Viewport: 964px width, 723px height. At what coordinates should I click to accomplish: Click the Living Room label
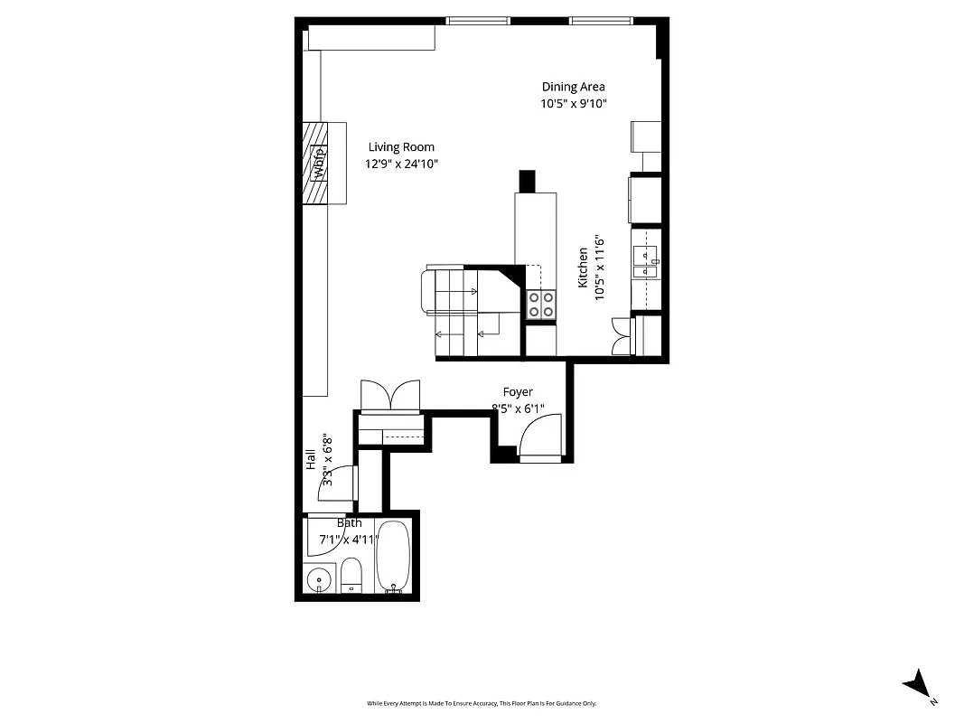(401, 147)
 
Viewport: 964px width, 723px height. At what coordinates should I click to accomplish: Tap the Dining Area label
(573, 87)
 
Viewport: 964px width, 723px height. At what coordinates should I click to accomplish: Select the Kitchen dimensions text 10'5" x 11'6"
(599, 268)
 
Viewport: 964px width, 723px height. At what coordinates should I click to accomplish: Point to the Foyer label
(518, 392)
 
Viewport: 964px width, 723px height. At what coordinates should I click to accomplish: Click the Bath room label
(350, 523)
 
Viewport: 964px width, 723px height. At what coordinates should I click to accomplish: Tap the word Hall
(311, 459)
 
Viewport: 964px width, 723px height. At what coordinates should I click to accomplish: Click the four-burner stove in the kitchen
(541, 305)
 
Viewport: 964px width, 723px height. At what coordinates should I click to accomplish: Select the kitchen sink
(647, 259)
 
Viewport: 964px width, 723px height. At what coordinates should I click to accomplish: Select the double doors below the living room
(390, 396)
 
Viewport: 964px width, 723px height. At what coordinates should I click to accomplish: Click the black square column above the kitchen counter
(527, 181)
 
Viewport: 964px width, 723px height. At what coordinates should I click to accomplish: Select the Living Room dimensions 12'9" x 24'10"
(401, 164)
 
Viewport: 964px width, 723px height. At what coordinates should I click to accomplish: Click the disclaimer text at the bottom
(482, 703)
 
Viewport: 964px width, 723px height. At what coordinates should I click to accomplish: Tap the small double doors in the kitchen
(621, 335)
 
